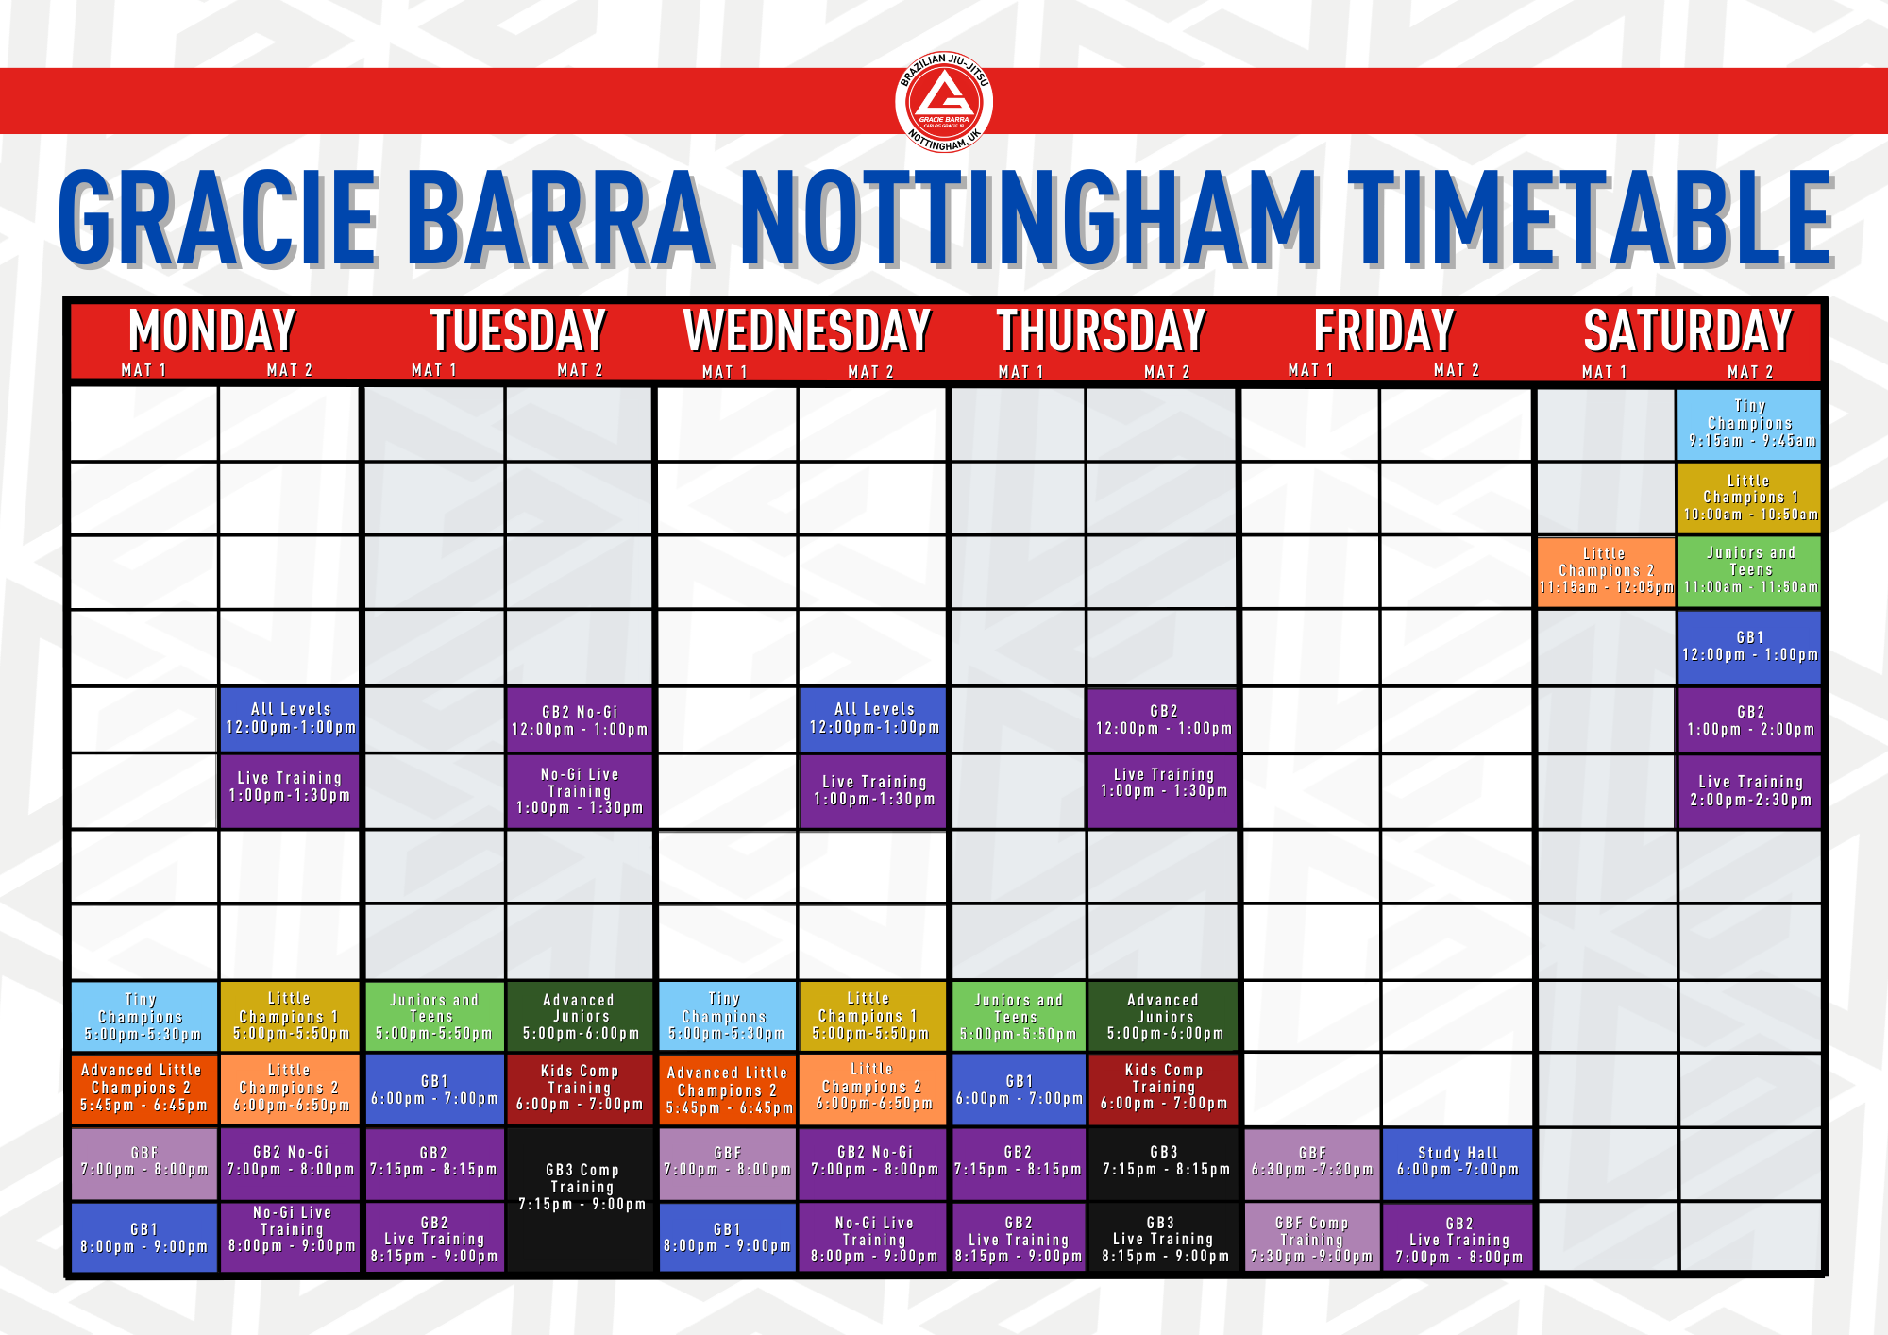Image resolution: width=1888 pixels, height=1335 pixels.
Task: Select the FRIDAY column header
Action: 1384,330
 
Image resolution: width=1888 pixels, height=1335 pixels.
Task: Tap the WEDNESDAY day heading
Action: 807,330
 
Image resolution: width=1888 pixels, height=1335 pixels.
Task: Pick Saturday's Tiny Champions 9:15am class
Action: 1749,424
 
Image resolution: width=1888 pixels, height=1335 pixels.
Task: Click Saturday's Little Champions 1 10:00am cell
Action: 1749,499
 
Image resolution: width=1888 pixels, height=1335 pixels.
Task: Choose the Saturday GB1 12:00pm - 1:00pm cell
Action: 1749,648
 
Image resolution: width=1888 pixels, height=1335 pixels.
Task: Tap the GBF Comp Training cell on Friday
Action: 1311,1238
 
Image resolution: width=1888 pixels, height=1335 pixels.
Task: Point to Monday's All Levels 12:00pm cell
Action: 290,718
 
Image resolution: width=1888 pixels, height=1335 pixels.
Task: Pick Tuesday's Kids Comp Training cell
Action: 580,1089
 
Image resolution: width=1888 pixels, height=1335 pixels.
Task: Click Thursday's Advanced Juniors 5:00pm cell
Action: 1163,1017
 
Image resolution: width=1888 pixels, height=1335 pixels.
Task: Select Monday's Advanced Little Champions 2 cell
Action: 143,1089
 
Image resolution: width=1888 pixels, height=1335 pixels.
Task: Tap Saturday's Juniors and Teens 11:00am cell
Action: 1749,571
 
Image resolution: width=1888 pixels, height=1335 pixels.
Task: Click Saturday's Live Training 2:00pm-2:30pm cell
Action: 1749,791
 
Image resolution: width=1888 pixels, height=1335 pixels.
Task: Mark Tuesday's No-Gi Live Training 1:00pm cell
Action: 580,791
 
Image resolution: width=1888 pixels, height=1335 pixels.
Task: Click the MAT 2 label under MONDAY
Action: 289,370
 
